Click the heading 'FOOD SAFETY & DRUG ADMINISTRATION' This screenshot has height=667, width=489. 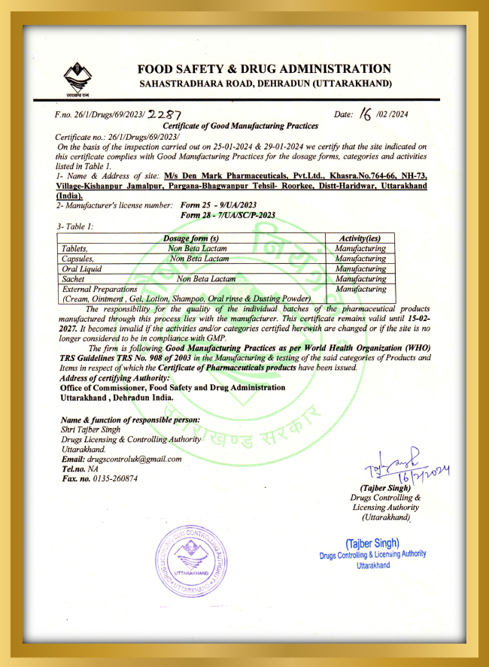[263, 68]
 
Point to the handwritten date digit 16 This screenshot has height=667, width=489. [366, 114]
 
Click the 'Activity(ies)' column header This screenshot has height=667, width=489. [360, 238]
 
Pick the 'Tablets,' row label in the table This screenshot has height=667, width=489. [75, 248]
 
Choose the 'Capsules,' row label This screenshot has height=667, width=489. [78, 258]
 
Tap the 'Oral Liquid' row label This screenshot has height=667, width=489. [82, 268]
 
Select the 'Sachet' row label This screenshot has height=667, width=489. [73, 278]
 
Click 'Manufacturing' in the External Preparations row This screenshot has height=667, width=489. [360, 289]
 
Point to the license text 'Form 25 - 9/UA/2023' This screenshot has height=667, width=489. [218, 205]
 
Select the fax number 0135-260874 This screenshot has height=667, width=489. [114, 478]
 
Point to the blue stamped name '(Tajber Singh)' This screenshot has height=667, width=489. [372, 543]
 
